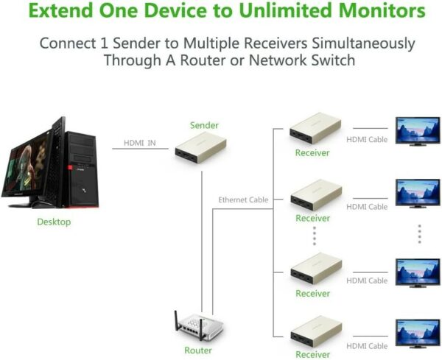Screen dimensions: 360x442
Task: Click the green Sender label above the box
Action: (x=204, y=125)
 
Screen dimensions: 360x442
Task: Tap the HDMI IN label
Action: (x=139, y=143)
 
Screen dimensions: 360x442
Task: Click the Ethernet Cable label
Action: (x=243, y=200)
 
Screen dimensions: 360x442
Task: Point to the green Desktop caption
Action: (x=54, y=222)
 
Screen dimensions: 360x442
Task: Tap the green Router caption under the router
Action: (x=198, y=350)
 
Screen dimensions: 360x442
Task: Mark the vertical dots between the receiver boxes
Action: (x=314, y=236)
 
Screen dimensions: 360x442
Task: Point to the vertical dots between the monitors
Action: (x=419, y=233)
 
